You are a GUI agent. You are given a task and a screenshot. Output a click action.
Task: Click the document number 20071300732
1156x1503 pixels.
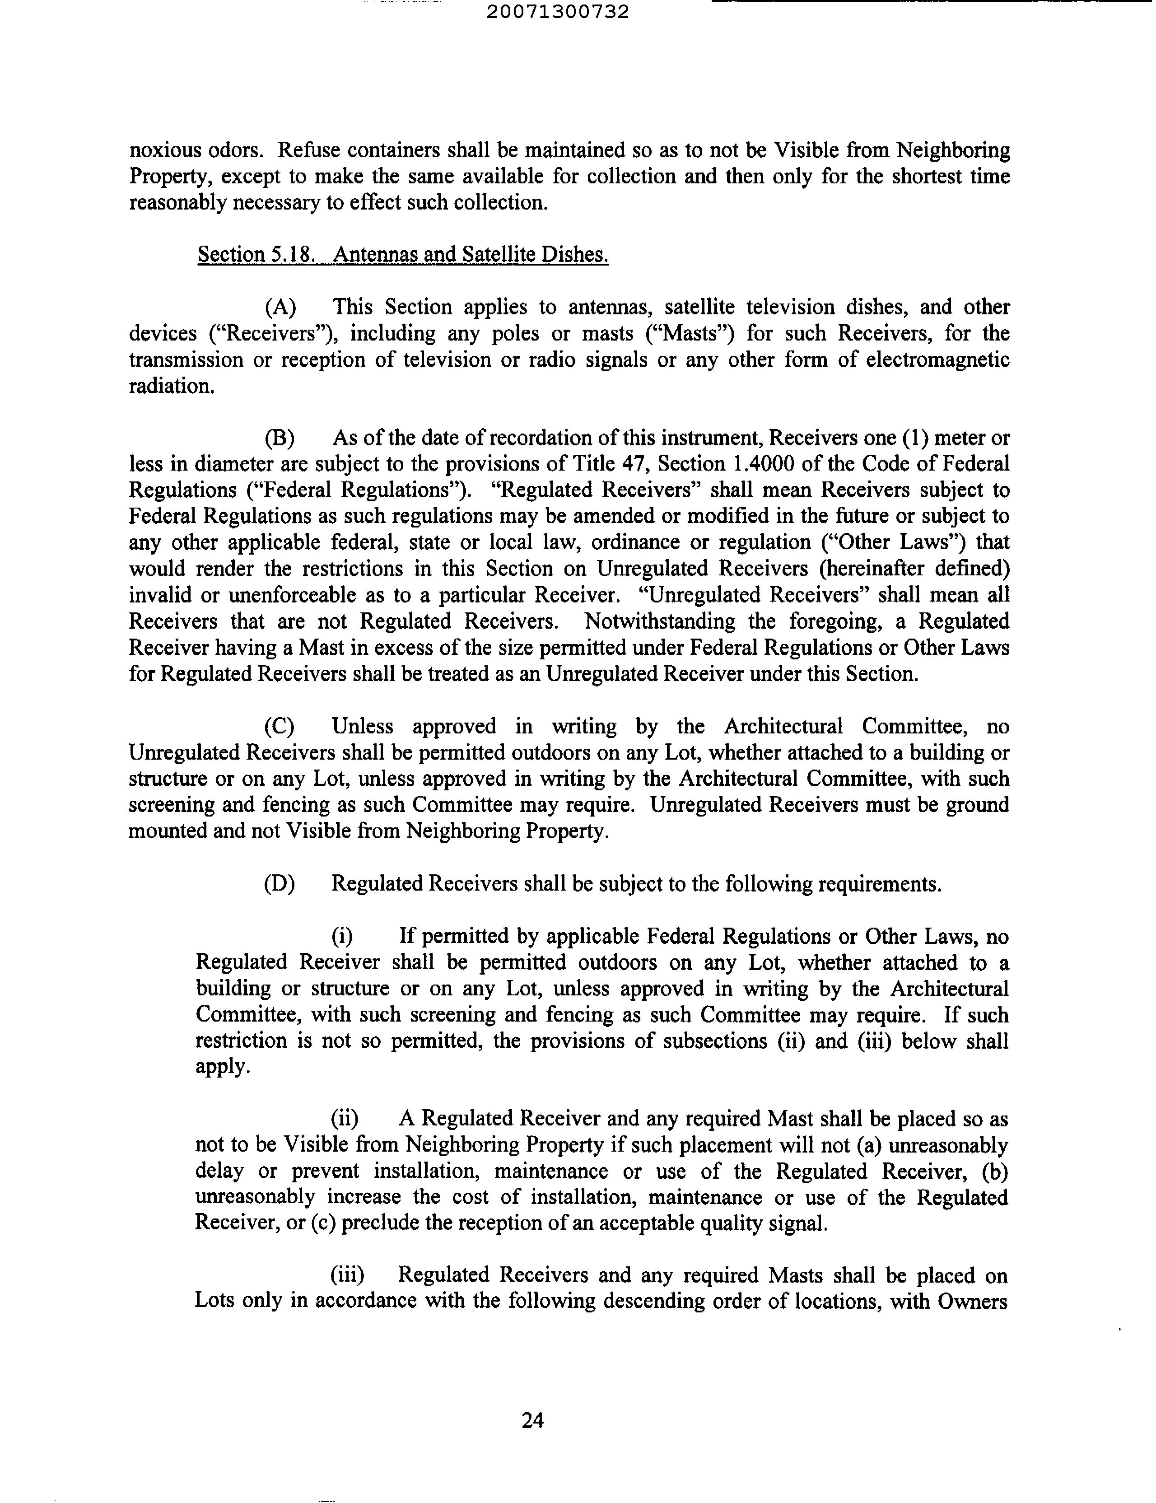click(557, 12)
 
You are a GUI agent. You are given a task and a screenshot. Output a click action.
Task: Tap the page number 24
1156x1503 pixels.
click(533, 1420)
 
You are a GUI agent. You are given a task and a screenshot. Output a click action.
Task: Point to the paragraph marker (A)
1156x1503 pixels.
click(280, 307)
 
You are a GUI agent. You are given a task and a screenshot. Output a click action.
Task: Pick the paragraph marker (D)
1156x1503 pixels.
click(280, 884)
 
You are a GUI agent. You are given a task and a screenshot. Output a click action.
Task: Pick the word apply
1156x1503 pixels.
click(221, 1067)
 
